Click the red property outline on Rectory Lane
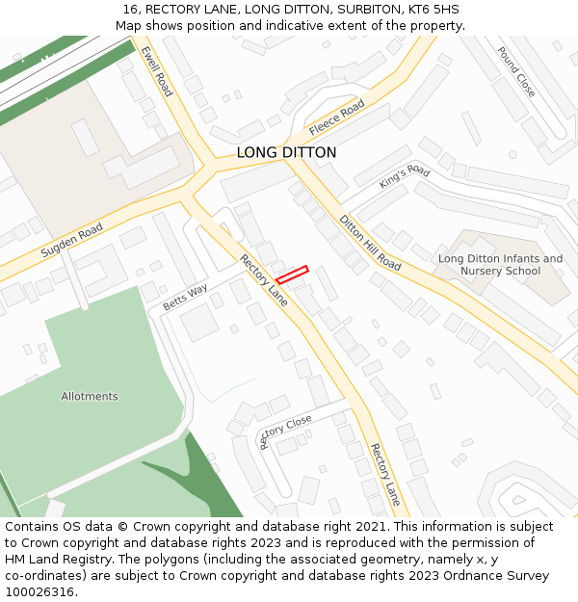point(292,275)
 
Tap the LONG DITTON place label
point(287,152)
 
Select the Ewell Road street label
point(156,71)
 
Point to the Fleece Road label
point(337,117)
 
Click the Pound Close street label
point(516,71)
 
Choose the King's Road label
point(404,177)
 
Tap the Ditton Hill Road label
point(370,242)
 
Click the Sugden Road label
point(71,241)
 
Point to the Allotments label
point(90,396)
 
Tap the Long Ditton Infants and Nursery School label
point(500,265)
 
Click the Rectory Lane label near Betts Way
point(264,280)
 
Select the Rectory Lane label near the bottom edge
point(385,474)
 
